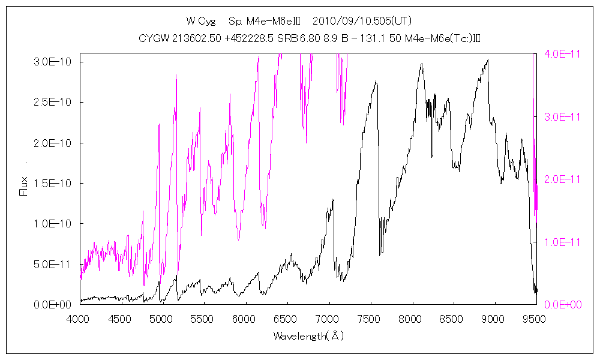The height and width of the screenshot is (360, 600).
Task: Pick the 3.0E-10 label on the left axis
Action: (53, 62)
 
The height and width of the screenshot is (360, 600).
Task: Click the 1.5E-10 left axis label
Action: (53, 183)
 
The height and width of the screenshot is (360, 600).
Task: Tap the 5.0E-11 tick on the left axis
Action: (53, 264)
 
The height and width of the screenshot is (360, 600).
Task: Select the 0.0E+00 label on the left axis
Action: (53, 305)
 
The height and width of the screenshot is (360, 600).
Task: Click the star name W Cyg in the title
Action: (199, 21)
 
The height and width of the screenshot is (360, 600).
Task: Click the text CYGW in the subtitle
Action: (152, 39)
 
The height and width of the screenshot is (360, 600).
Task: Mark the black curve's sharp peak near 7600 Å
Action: (376, 82)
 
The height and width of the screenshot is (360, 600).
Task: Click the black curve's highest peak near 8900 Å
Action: (488, 59)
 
